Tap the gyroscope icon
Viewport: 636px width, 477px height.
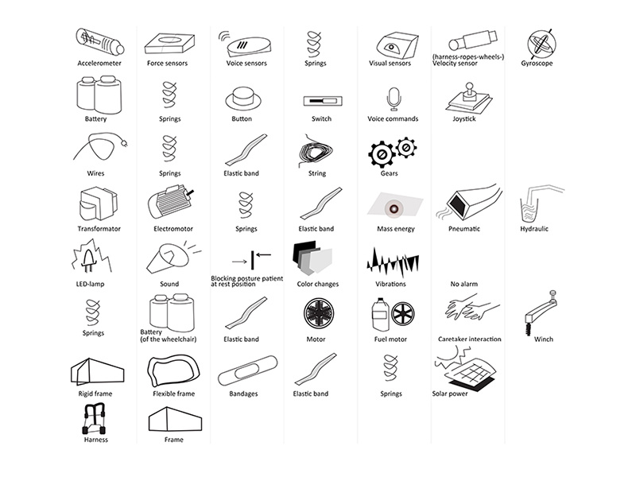(x=543, y=42)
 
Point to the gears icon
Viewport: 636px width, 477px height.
(x=393, y=151)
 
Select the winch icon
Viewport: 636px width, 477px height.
(x=541, y=311)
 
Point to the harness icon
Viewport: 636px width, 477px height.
(x=95, y=418)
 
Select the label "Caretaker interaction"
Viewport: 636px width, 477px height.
(x=468, y=339)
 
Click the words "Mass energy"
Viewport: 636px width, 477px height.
(x=392, y=229)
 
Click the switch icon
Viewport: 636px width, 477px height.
(x=321, y=102)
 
